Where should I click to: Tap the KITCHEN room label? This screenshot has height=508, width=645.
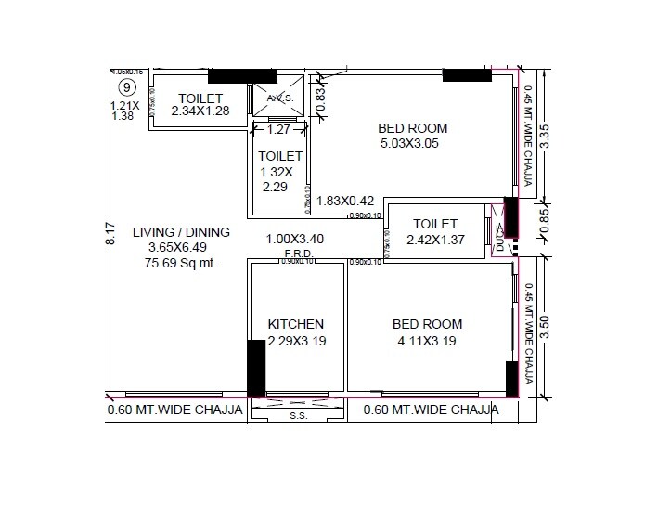pos(295,324)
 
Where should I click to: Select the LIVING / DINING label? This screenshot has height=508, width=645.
pos(181,232)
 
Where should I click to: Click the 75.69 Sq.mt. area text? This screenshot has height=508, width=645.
pos(181,263)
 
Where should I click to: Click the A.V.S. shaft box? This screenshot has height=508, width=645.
pos(279,98)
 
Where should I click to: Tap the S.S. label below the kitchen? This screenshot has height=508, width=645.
pos(298,416)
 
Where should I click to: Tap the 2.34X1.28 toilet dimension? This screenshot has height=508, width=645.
pos(200,111)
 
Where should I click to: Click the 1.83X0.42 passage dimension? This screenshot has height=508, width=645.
pos(345,200)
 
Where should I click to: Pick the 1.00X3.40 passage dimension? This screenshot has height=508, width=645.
pos(294,239)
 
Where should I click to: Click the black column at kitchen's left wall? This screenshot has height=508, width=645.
pos(255,369)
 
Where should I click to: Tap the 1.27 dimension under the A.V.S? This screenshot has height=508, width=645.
pos(279,131)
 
